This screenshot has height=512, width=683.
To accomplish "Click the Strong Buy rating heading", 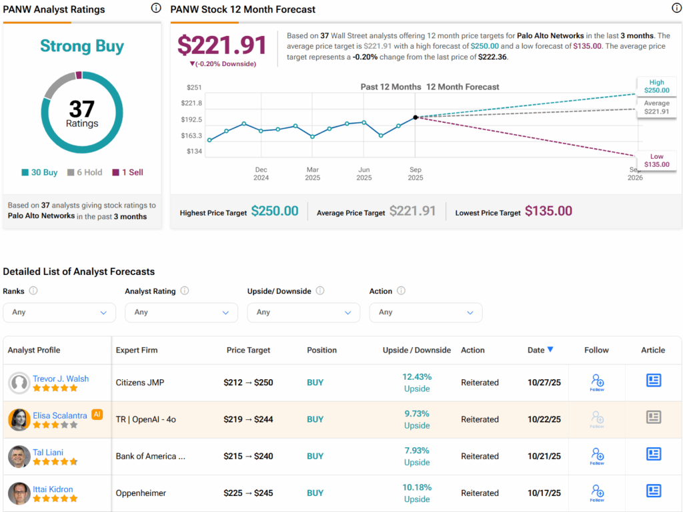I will (82, 46).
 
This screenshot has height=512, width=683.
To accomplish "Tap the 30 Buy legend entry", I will (39, 172).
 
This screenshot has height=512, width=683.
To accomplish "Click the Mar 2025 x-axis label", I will (312, 174).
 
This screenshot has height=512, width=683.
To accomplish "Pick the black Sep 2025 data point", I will (416, 117).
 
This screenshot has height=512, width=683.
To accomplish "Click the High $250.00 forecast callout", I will (656, 86).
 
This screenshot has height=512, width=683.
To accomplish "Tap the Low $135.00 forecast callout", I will (656, 160).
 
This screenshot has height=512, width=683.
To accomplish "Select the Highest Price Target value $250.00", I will (275, 211).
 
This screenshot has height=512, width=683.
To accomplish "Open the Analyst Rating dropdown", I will (181, 312).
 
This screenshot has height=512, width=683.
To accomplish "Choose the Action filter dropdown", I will (426, 312).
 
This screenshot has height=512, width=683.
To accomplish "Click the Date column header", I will (540, 350).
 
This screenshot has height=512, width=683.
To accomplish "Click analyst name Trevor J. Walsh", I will (61, 378).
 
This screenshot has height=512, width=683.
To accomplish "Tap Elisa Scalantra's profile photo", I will (19, 419).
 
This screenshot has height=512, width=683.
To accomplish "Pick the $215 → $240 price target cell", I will (248, 457).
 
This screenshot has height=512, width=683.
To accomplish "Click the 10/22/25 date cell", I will (544, 420).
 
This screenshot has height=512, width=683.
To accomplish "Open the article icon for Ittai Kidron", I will (653, 491).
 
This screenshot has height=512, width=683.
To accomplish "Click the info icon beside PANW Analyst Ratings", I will (156, 8).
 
